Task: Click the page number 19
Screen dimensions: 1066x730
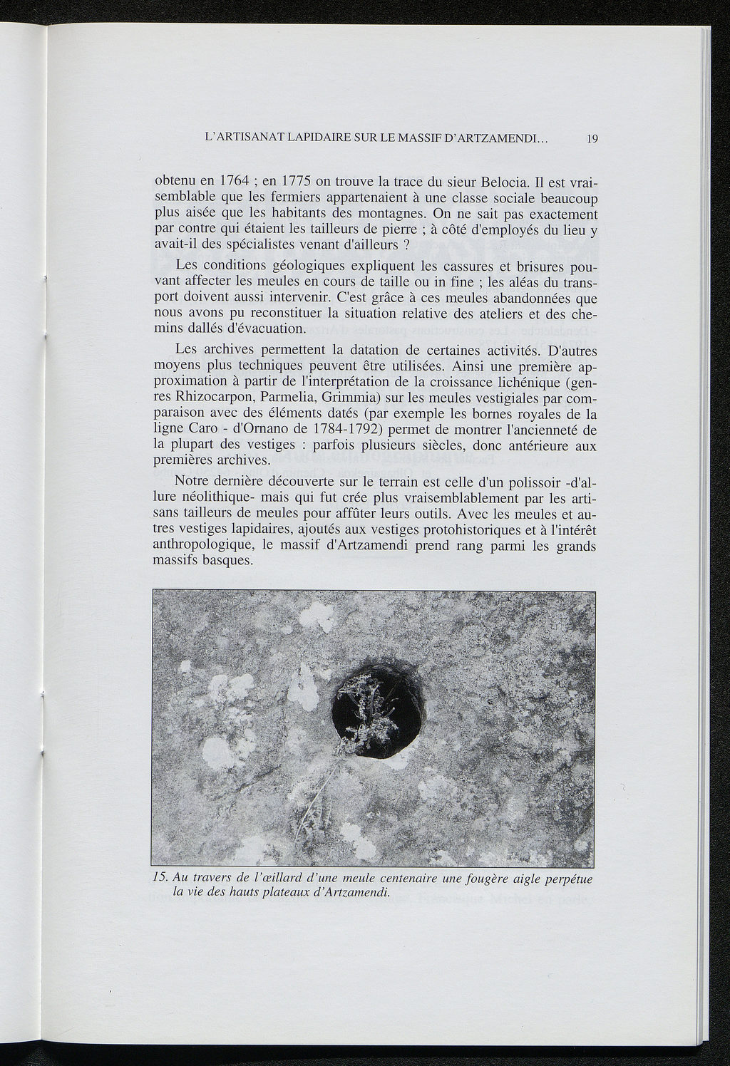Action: pyautogui.click(x=591, y=140)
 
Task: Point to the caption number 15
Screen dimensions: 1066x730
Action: pyautogui.click(x=162, y=877)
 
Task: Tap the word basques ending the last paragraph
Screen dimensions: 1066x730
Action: pyautogui.click(x=227, y=562)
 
